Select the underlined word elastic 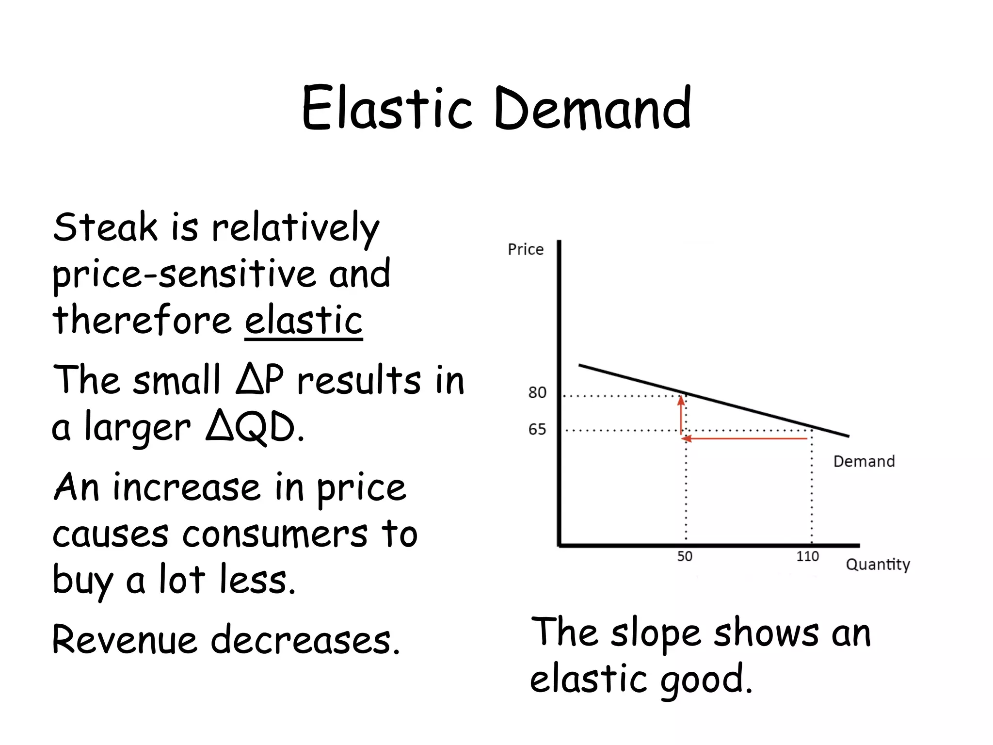[x=304, y=320]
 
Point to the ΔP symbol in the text [x=260, y=379]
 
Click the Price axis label [x=526, y=249]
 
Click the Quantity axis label [x=878, y=565]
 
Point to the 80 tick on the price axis [x=537, y=392]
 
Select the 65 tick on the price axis [x=537, y=429]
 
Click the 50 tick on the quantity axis [x=685, y=556]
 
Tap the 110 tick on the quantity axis [x=807, y=556]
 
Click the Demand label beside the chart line [x=864, y=461]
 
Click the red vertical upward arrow [x=681, y=415]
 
